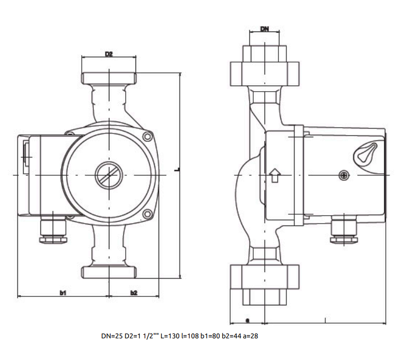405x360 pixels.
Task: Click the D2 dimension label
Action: (x=109, y=54)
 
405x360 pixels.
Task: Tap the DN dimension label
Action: (x=265, y=29)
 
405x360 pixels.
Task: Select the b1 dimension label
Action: (x=63, y=293)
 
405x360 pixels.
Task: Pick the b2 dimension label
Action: (x=134, y=293)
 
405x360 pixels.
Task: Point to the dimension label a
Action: (x=247, y=321)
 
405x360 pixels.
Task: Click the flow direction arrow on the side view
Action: (x=275, y=175)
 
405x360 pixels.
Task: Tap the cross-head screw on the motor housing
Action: (x=344, y=176)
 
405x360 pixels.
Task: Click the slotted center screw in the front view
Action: (x=109, y=175)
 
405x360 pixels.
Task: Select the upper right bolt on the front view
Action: (x=147, y=136)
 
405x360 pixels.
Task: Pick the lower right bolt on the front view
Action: (x=147, y=214)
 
